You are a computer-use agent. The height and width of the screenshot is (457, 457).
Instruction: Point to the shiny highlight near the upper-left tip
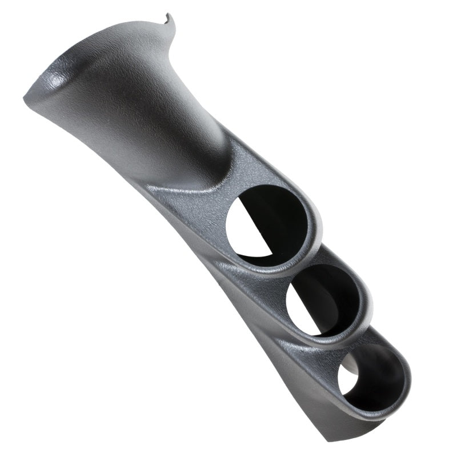pyautogui.click(x=57, y=80)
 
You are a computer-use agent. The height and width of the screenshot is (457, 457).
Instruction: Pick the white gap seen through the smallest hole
pyautogui.click(x=347, y=380)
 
